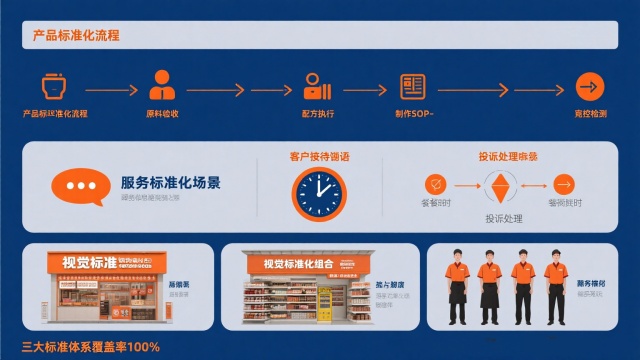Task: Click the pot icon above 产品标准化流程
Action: coord(55,86)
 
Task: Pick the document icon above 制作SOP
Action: coord(412,86)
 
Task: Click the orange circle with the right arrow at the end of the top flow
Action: coord(590,86)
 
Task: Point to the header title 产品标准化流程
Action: coord(76,36)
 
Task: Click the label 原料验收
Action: coord(162,114)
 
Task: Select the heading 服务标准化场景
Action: coord(171,182)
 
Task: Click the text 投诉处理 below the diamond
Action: coord(505,218)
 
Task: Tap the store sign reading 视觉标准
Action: coord(91,262)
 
